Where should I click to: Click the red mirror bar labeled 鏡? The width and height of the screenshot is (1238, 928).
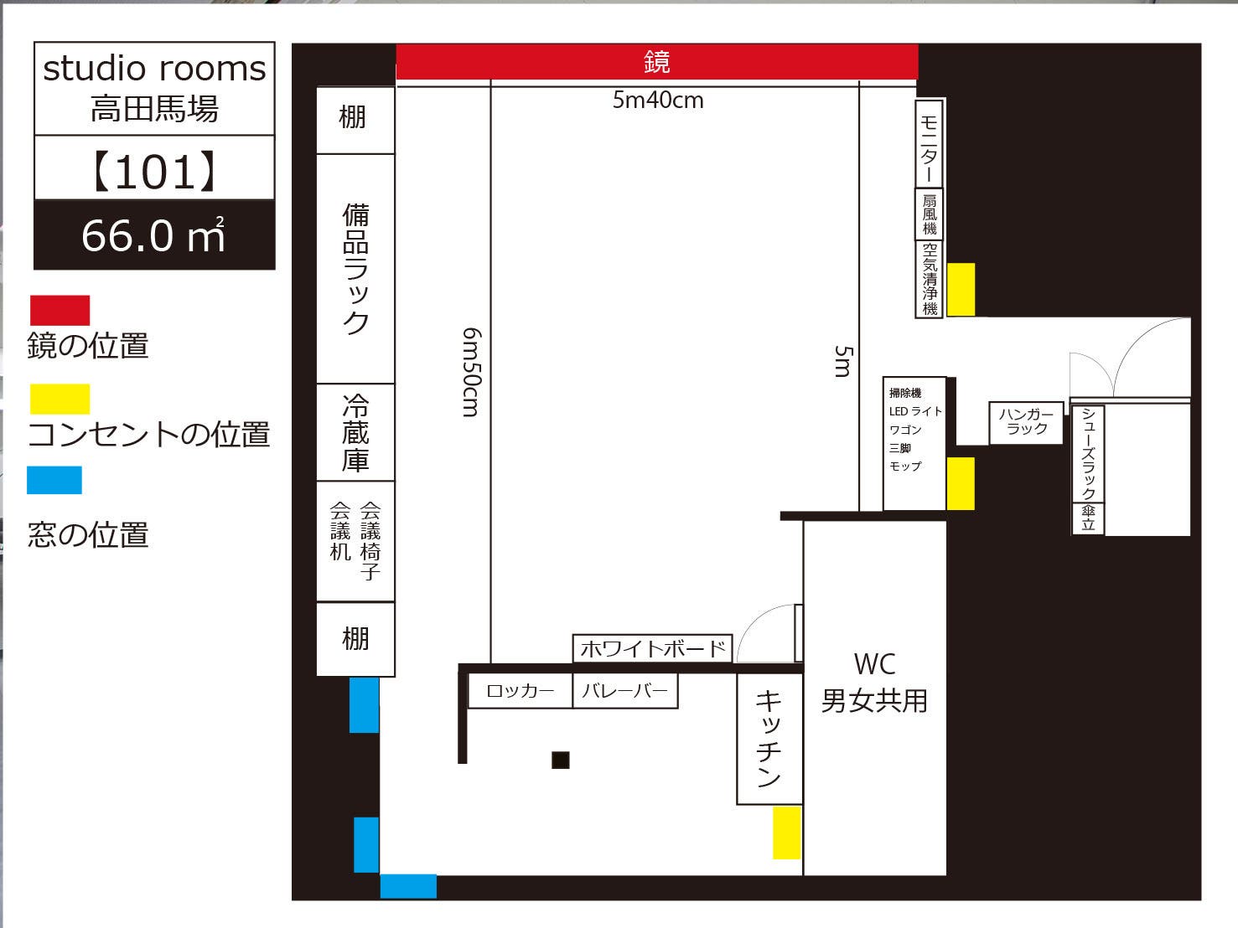(656, 62)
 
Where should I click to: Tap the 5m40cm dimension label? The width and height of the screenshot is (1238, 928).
(658, 101)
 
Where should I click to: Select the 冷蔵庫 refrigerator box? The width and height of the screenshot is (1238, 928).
(355, 433)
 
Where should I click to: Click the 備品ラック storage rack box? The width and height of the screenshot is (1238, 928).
(355, 269)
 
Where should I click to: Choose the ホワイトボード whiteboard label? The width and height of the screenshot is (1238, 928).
(652, 648)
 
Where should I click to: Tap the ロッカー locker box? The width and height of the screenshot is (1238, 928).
(520, 691)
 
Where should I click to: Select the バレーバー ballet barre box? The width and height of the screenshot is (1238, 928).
(624, 691)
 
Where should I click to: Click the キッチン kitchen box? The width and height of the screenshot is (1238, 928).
(769, 739)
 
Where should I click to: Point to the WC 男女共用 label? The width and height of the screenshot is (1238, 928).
(874, 683)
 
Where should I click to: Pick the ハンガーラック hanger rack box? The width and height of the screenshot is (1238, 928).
(1027, 422)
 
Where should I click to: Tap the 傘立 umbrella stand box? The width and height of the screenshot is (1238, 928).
(1088, 518)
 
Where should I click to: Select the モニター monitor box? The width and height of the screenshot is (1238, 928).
(929, 143)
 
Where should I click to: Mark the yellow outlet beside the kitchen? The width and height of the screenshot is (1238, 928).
(786, 833)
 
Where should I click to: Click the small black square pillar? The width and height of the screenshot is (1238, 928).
(561, 760)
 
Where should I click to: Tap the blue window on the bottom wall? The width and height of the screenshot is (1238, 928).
(408, 886)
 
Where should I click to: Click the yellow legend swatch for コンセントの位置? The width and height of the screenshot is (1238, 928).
(60, 399)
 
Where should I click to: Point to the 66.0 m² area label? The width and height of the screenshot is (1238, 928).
(154, 235)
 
